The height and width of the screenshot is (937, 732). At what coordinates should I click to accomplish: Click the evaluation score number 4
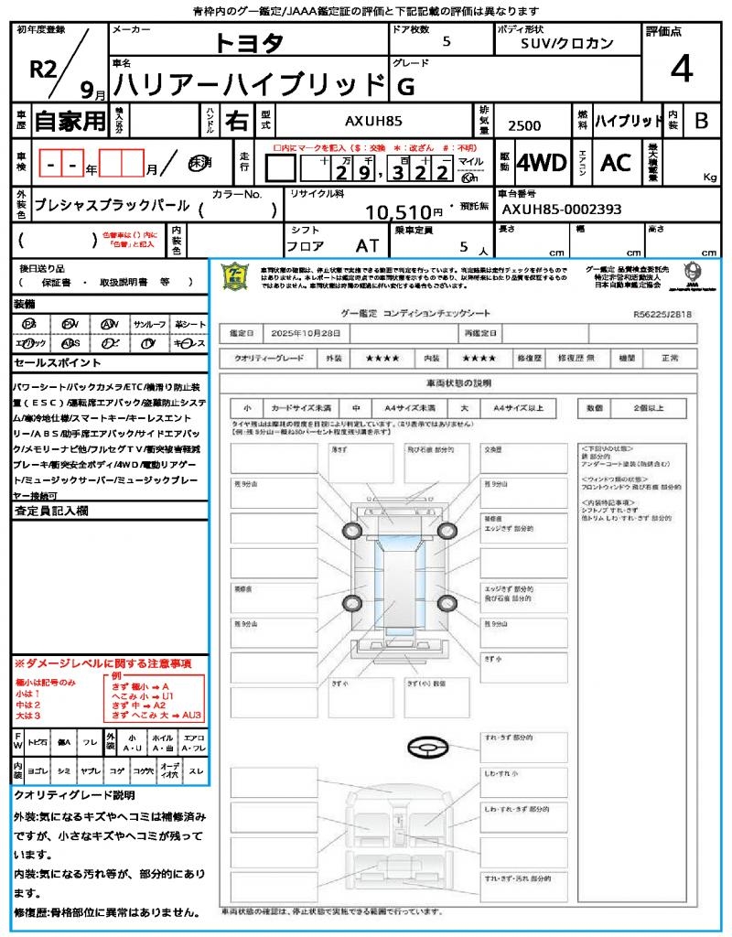(x=681, y=69)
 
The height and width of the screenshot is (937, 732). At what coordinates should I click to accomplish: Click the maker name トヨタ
(x=249, y=42)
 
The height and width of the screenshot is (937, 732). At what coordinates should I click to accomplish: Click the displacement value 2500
(x=524, y=126)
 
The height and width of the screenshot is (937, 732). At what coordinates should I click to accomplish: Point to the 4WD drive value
(x=541, y=164)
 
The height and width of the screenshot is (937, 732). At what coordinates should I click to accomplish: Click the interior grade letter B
(x=701, y=121)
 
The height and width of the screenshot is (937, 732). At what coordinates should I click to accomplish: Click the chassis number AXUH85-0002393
(x=561, y=210)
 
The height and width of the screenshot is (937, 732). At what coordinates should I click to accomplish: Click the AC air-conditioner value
(x=616, y=164)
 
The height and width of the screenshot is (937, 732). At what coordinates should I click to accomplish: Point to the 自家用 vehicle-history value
(x=70, y=121)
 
